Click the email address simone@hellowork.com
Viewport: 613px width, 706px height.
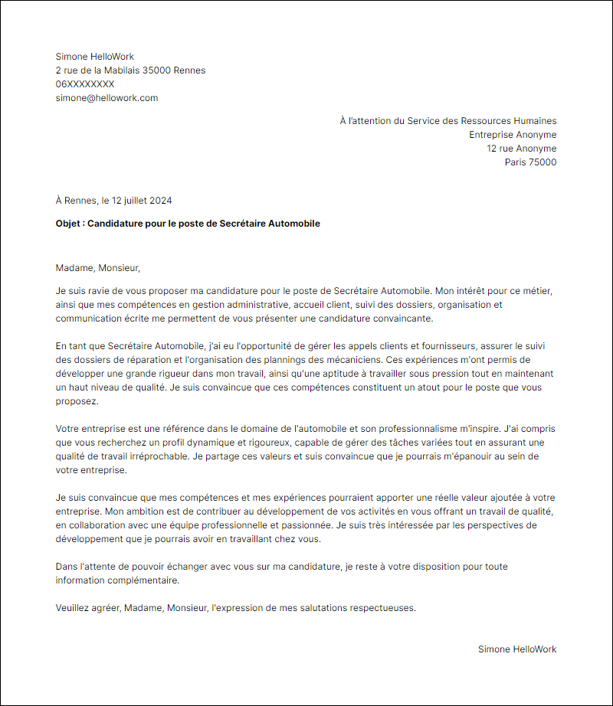point(107,98)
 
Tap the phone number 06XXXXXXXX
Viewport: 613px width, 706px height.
point(85,84)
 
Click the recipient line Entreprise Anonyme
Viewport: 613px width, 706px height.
point(513,135)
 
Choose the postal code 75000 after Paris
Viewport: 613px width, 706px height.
point(543,162)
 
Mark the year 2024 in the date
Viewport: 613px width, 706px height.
point(161,201)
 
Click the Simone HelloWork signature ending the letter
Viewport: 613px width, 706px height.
point(517,649)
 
